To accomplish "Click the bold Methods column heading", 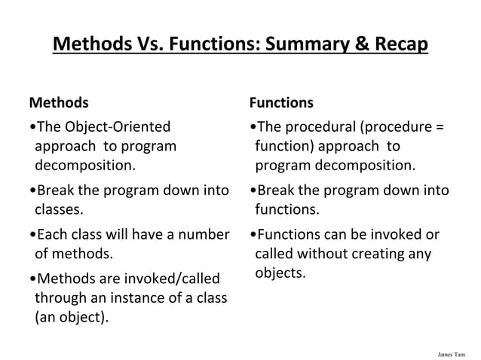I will click(x=58, y=102).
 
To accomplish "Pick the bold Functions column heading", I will click(x=281, y=102).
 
